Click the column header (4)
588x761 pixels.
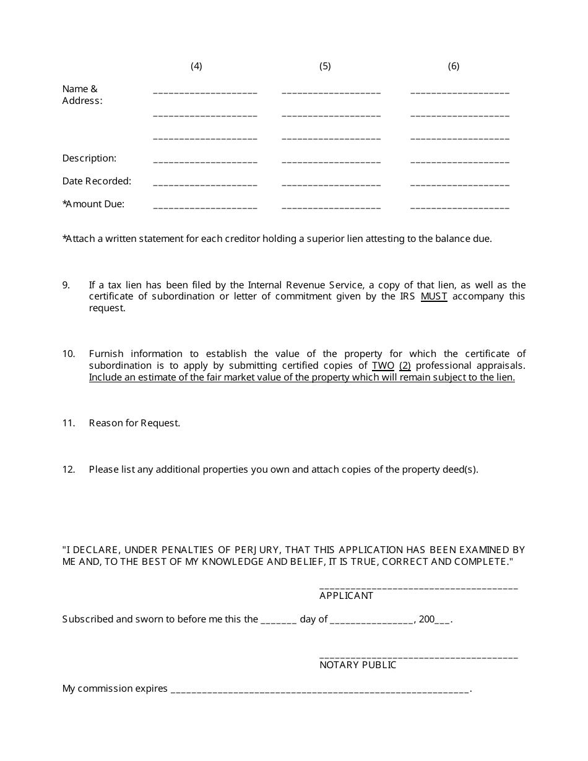(196, 66)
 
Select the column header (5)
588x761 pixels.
(325, 66)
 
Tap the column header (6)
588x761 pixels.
(454, 66)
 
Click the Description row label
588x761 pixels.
(89, 158)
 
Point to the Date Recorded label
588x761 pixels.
(97, 181)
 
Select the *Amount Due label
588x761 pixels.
(93, 204)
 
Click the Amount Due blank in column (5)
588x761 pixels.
(331, 207)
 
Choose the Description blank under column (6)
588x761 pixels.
(460, 161)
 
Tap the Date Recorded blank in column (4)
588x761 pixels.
(205, 184)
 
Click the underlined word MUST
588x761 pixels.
(434, 296)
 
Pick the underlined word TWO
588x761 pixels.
(383, 366)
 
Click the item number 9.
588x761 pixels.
(66, 285)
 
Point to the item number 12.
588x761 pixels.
(69, 470)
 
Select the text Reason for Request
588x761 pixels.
(134, 423)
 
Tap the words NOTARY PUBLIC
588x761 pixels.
(358, 665)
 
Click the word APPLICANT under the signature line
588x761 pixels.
(346, 596)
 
